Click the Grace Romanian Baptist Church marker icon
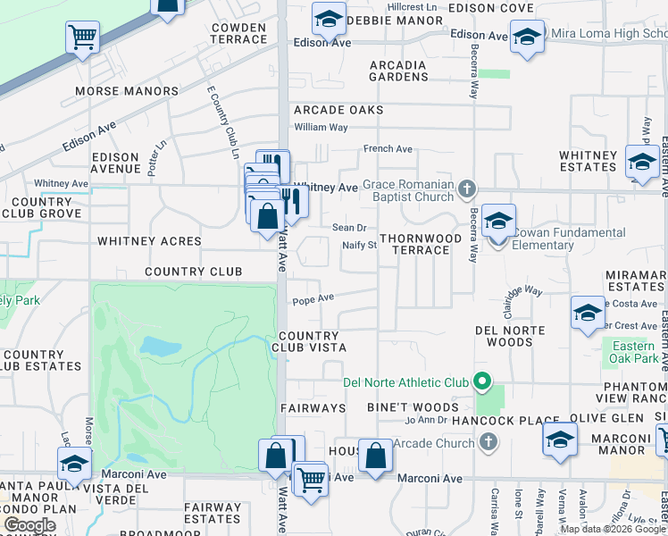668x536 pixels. point(466,189)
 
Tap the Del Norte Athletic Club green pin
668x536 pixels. point(482,382)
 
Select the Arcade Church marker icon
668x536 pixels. point(488,441)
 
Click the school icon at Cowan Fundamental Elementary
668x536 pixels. point(498,220)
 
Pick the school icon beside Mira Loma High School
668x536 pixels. point(527,37)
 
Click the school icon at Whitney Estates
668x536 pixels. point(641,161)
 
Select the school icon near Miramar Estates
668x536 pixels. point(588,313)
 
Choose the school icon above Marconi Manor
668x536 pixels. point(559,440)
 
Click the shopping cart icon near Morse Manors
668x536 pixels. point(82,38)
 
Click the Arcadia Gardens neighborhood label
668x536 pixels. point(398,71)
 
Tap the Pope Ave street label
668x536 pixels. point(313,298)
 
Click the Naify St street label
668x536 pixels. point(360,246)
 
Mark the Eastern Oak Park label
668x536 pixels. point(634,353)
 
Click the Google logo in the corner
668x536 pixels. point(29,525)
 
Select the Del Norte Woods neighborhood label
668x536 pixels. point(504,336)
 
